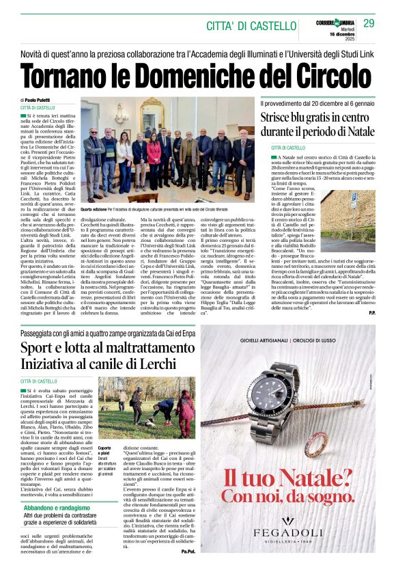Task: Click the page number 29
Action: (x=369, y=23)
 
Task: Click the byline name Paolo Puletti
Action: (x=44, y=100)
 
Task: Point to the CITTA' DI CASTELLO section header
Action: (x=251, y=26)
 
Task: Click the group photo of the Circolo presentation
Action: (x=167, y=150)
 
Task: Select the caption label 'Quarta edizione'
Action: (x=96, y=208)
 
